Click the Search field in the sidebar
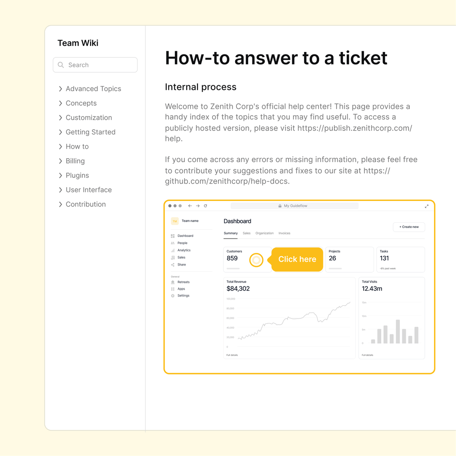click(95, 65)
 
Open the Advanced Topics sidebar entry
click(93, 89)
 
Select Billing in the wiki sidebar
click(75, 161)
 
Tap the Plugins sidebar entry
click(77, 175)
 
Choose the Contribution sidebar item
click(86, 204)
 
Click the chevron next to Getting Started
click(60, 132)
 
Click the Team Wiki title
click(78, 43)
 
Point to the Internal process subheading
click(201, 87)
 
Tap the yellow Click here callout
click(297, 259)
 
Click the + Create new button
click(409, 227)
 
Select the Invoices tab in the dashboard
click(284, 233)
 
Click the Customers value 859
click(232, 258)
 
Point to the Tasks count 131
click(384, 258)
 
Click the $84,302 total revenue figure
click(238, 289)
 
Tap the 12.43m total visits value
click(372, 289)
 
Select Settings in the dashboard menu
click(183, 296)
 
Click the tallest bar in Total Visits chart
click(398, 331)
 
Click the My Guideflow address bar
click(294, 206)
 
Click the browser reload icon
click(206, 206)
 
